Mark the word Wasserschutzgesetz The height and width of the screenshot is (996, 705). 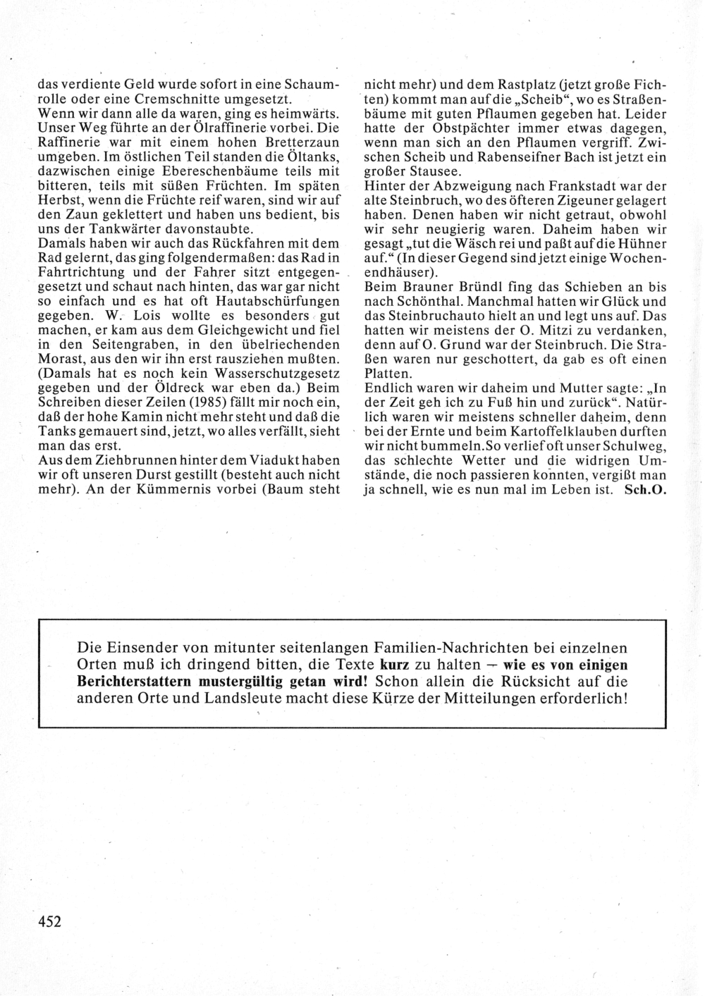281,374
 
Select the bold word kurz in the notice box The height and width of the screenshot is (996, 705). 400,665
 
